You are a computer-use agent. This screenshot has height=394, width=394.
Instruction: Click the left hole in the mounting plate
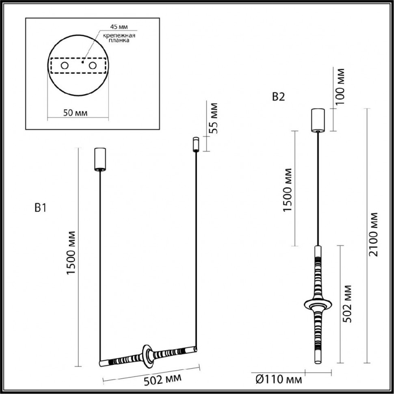(x=65, y=65)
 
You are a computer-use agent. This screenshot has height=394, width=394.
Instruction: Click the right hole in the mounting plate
(x=93, y=65)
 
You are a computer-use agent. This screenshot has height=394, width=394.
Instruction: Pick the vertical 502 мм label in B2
(x=346, y=304)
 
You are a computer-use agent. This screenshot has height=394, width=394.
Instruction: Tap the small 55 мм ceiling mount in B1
(x=195, y=144)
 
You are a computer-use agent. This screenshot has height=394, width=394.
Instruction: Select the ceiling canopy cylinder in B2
(x=317, y=120)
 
